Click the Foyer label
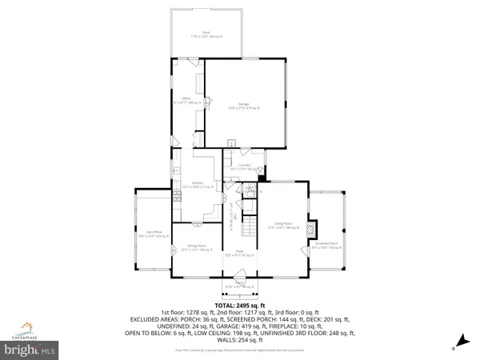[x=238, y=254]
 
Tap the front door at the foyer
[x=238, y=276]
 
